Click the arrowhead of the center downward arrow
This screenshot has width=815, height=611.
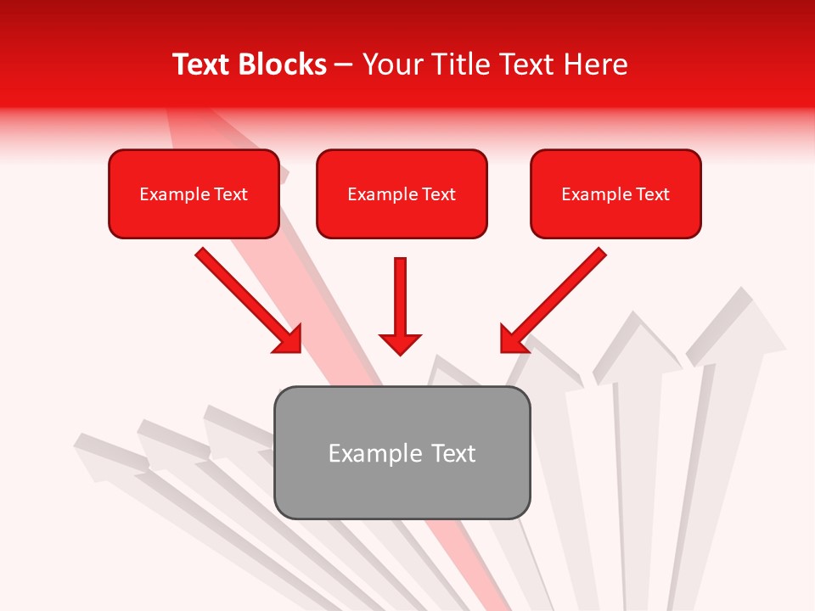(400, 344)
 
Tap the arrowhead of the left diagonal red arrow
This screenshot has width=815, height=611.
(289, 339)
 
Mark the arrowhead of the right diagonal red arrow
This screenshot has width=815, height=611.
(512, 339)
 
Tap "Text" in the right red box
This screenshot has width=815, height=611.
(652, 194)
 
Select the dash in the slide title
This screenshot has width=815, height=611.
(344, 64)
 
